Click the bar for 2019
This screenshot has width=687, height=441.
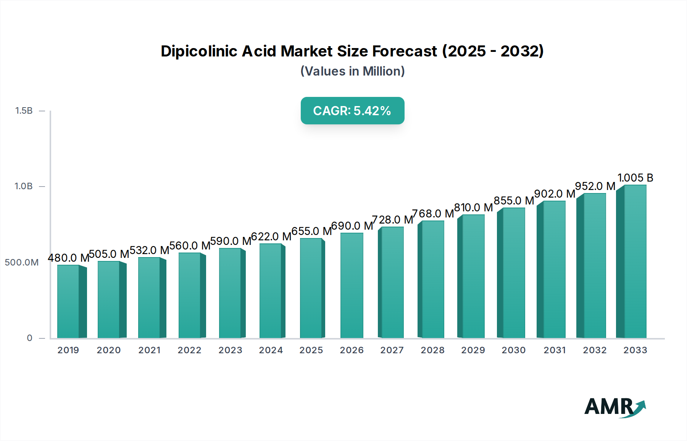pyautogui.click(x=69, y=301)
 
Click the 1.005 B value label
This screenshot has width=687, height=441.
pyautogui.click(x=635, y=178)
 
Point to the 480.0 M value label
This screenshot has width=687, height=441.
pyautogui.click(x=68, y=258)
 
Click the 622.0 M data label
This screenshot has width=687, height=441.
pyautogui.click(x=271, y=237)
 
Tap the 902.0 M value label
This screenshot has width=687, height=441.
pyautogui.click(x=555, y=194)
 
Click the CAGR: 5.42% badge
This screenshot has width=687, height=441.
pyautogui.click(x=352, y=111)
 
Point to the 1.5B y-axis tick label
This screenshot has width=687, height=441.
pyautogui.click(x=24, y=111)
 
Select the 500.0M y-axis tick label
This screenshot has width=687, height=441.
pyautogui.click(x=22, y=262)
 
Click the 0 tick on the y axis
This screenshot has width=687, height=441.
pyautogui.click(x=29, y=338)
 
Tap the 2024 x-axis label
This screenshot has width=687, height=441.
pyautogui.click(x=271, y=350)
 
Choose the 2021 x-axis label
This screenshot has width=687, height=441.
pyautogui.click(x=149, y=350)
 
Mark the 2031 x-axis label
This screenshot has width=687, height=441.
pyautogui.click(x=555, y=350)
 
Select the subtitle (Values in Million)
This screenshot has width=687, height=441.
pyautogui.click(x=352, y=71)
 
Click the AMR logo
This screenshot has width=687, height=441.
pyautogui.click(x=615, y=407)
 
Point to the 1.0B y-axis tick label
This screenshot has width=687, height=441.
pyautogui.click(x=24, y=186)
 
